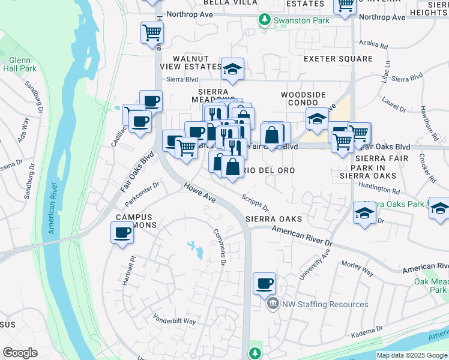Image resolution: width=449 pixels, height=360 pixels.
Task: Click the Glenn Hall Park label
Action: (x=23, y=64)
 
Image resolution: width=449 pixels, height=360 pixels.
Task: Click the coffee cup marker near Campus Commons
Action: (x=122, y=232)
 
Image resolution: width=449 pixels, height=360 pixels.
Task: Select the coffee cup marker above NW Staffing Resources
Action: (x=264, y=283)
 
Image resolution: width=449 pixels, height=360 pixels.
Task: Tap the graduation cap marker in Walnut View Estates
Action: (x=232, y=70)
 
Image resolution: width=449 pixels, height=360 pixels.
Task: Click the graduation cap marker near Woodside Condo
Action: (x=317, y=119)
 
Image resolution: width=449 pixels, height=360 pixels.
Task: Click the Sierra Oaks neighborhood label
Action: (x=273, y=219)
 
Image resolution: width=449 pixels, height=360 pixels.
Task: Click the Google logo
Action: (x=20, y=353)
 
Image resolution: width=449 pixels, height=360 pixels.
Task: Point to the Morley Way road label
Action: (x=357, y=268)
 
